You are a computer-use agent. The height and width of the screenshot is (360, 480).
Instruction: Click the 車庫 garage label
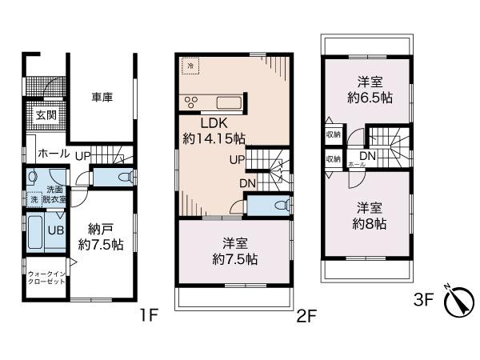102,97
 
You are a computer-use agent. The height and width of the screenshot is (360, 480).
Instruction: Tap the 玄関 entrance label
45,114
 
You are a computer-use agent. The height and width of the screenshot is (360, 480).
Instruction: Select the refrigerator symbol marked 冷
190,65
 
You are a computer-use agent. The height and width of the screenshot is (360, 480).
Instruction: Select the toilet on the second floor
275,206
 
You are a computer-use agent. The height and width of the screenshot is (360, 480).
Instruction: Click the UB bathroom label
56,229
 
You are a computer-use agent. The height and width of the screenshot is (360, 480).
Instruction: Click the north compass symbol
457,302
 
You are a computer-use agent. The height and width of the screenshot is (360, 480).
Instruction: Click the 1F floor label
149,314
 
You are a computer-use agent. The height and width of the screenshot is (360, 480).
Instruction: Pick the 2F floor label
306,314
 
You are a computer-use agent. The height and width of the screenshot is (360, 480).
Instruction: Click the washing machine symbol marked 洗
34,199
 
